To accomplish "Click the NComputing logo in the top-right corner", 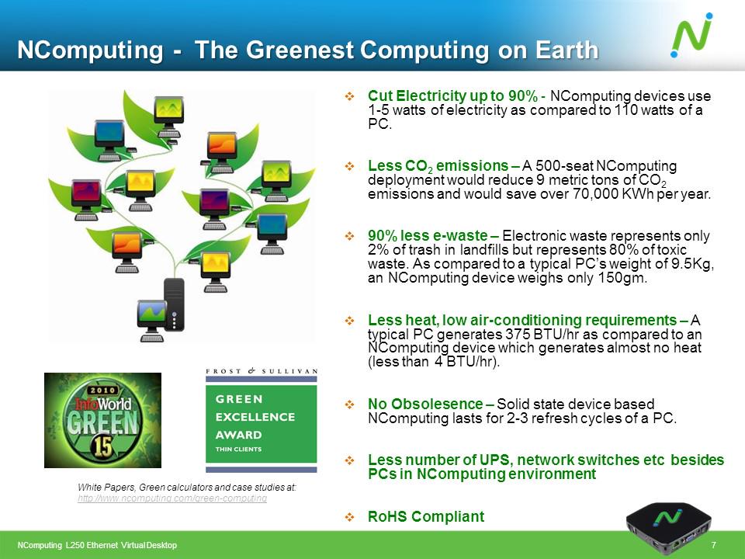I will [691, 36].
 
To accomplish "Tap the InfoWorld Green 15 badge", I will [102, 420].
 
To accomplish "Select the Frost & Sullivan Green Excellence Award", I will [261, 420].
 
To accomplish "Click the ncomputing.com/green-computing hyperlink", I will [172, 498].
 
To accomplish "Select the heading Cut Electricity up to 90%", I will [452, 96].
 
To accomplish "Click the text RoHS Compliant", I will [425, 517].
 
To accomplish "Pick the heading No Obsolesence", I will [425, 404].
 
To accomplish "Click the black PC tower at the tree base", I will [175, 305].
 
